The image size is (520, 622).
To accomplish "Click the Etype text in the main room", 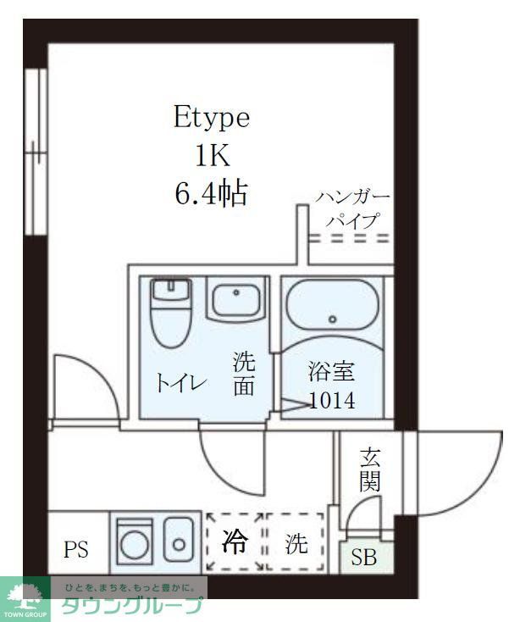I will (x=212, y=118).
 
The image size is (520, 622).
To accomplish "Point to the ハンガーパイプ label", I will (x=353, y=208).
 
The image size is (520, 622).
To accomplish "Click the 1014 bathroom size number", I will (x=332, y=401).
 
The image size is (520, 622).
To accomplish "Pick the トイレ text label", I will (x=180, y=383).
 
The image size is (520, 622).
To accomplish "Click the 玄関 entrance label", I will (x=370, y=469).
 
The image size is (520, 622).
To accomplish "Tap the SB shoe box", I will (x=364, y=558).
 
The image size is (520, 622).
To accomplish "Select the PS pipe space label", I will (x=76, y=548).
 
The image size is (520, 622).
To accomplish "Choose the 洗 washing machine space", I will (x=296, y=543).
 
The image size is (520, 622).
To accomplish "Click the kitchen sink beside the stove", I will (x=180, y=542).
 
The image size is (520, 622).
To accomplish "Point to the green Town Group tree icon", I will (x=25, y=593).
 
